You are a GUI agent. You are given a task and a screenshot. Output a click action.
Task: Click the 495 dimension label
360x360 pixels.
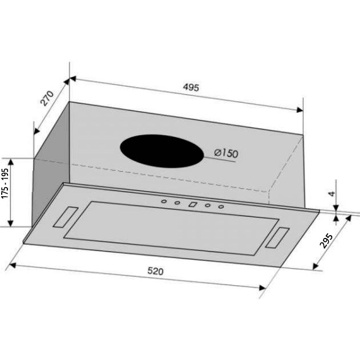(191, 87)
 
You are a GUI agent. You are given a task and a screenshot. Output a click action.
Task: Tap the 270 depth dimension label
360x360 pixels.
(47, 98)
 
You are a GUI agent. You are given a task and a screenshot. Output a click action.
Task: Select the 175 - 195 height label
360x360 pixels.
(5, 184)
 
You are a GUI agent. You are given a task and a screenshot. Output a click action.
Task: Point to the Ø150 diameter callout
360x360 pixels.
(226, 153)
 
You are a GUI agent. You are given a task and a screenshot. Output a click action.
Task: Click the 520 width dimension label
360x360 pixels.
(155, 271)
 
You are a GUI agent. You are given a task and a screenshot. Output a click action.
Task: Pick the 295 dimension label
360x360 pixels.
(326, 241)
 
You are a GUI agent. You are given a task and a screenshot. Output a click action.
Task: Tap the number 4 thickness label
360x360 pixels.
(331, 194)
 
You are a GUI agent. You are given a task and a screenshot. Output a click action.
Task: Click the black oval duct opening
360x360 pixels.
(162, 151)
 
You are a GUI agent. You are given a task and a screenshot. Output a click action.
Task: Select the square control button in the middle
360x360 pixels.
(193, 204)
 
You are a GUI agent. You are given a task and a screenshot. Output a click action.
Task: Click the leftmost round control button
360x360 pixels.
(164, 201)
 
